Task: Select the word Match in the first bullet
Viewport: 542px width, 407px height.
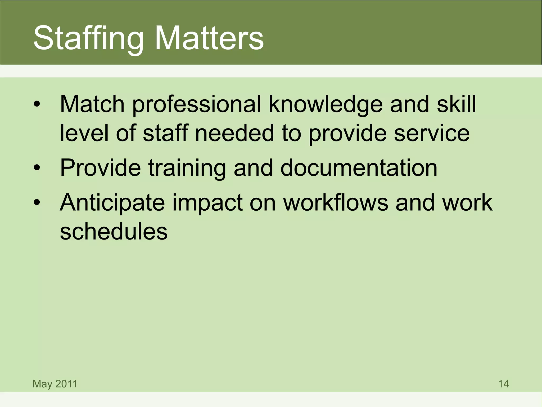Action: pyautogui.click(x=92, y=104)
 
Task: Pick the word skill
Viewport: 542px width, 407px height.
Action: pyautogui.click(x=456, y=104)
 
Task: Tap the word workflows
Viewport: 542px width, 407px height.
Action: pyautogui.click(x=335, y=202)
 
